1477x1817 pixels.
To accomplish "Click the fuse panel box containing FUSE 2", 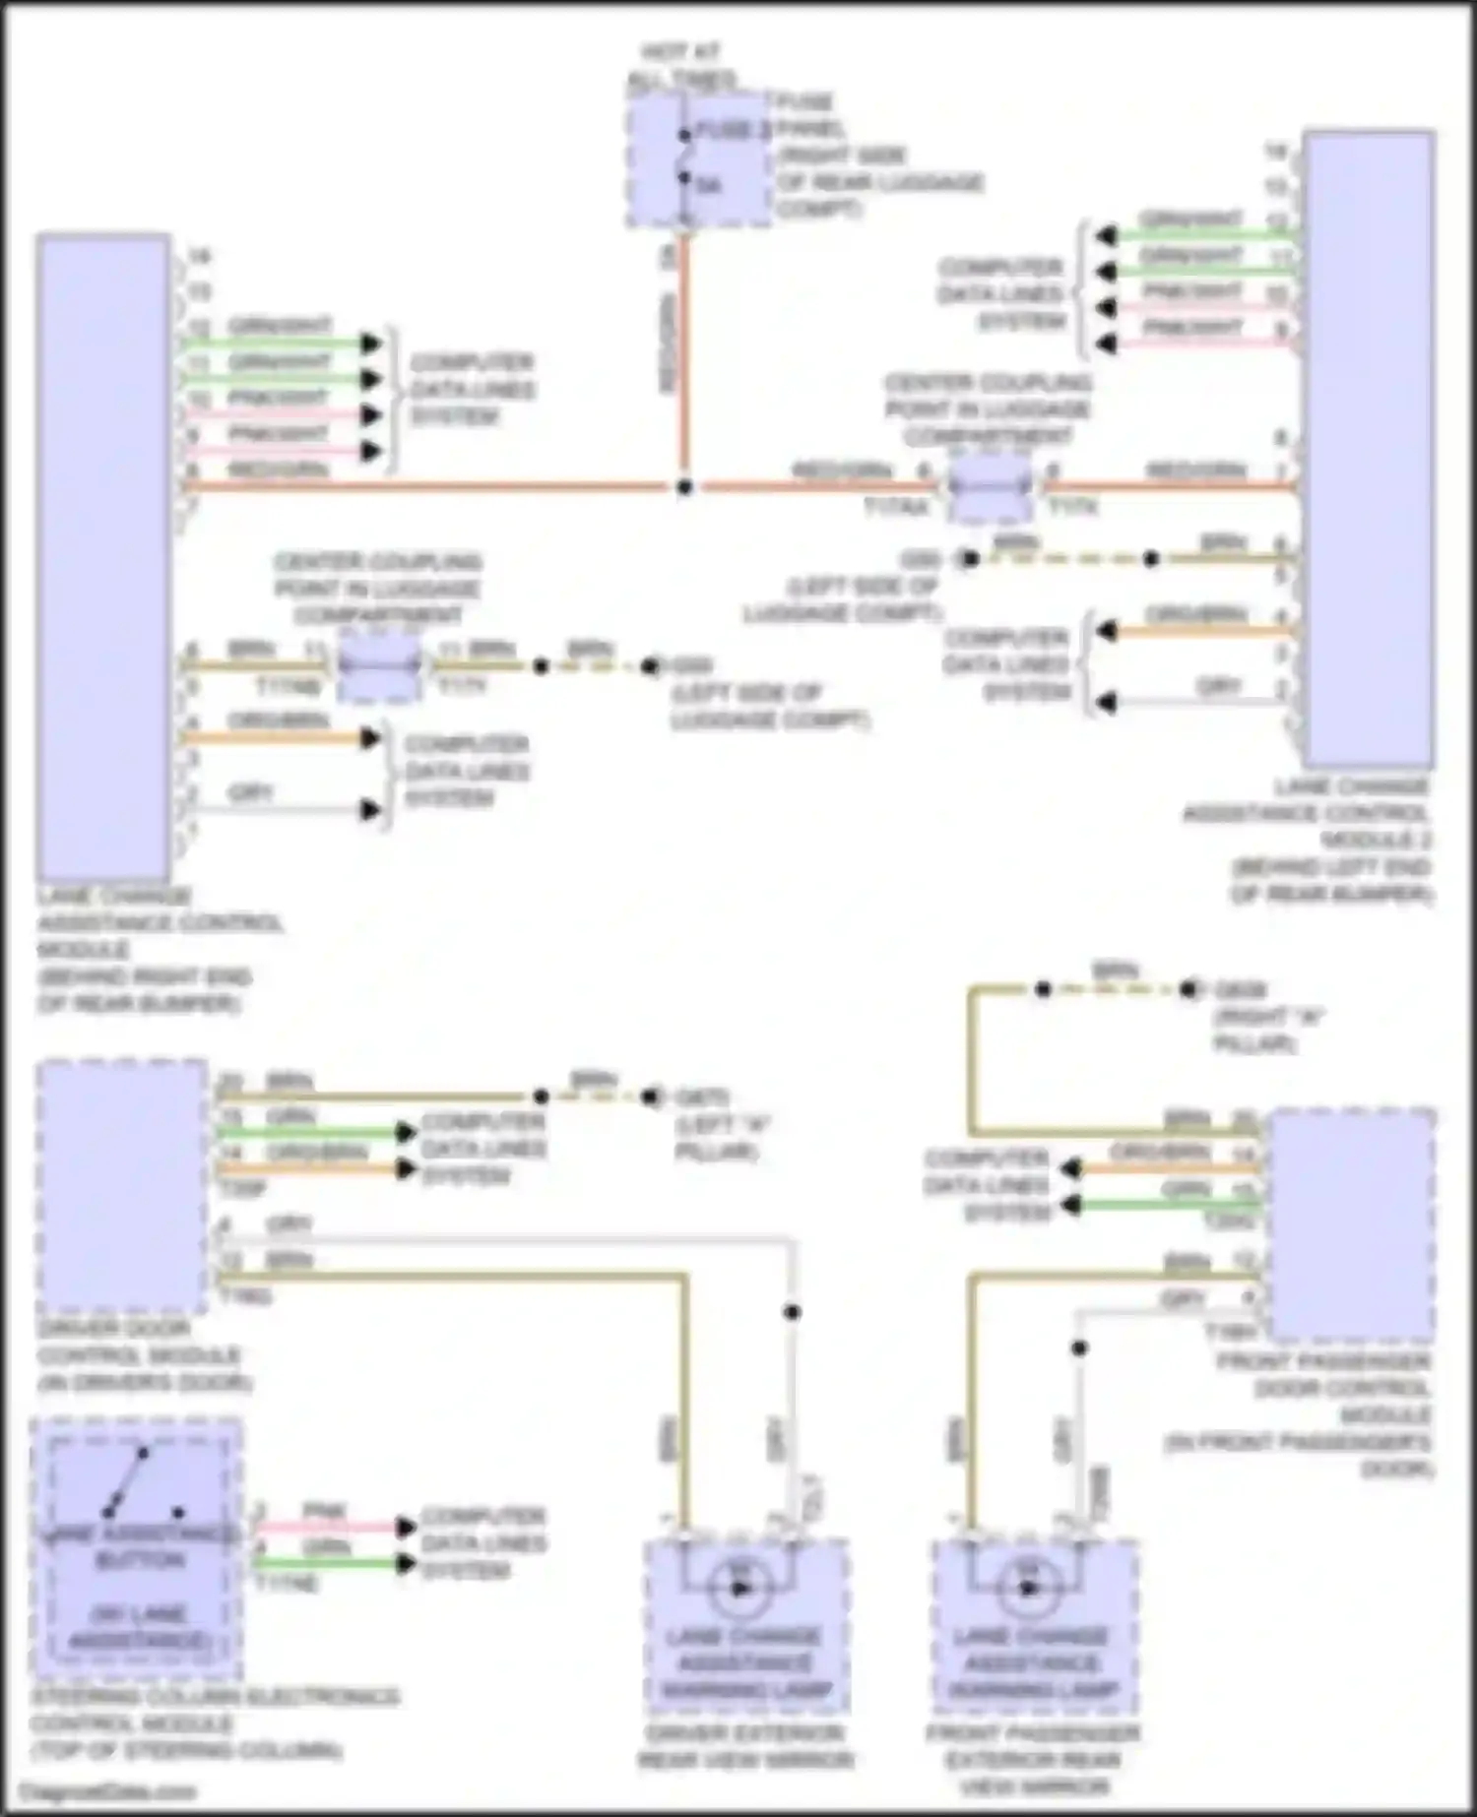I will coord(699,159).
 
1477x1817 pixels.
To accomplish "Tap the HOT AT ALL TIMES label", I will coord(682,65).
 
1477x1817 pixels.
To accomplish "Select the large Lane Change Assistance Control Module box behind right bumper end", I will coord(102,556).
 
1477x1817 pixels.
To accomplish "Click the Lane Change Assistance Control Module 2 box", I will coord(1368,448).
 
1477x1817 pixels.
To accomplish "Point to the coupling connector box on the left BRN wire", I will coord(379,667).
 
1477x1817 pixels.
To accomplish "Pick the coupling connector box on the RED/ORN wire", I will coord(992,487).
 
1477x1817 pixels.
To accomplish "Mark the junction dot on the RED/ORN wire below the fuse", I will coord(684,487).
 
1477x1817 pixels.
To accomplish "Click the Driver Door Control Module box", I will coord(122,1186).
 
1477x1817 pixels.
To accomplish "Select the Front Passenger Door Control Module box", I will coord(1351,1225).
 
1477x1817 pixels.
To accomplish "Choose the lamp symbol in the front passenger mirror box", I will coord(1027,1588).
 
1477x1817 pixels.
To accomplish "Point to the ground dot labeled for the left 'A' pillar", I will coord(651,1096).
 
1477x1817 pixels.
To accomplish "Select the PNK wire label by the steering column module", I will coord(323,1510).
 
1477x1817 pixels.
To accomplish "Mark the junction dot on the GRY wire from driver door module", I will coord(792,1312).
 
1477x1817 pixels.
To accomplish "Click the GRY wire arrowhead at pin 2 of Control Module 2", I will coord(1107,703).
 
